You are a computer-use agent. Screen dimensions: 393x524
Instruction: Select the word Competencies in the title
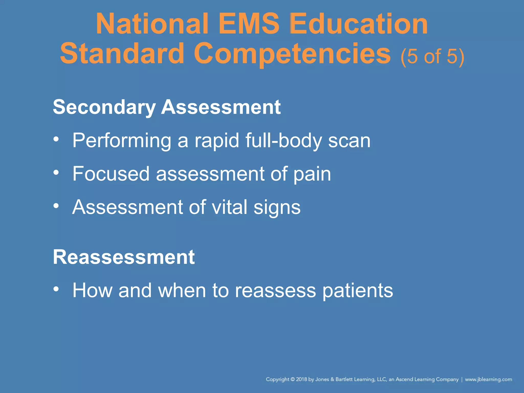tap(292, 54)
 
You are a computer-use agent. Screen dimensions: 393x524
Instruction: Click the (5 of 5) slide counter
tap(432, 56)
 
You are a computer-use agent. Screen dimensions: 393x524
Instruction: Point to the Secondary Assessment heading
tap(167, 107)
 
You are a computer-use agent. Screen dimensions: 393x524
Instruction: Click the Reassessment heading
tap(124, 257)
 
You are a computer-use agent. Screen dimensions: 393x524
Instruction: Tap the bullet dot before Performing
tap(56, 140)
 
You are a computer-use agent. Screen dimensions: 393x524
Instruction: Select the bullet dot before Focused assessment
tap(56, 173)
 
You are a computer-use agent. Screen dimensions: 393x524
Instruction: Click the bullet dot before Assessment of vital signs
tap(56, 206)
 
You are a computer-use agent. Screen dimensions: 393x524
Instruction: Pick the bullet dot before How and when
tap(56, 289)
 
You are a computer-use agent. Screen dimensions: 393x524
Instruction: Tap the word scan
tap(349, 140)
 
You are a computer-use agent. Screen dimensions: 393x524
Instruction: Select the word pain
tap(312, 174)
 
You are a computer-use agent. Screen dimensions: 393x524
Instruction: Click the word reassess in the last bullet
tap(275, 290)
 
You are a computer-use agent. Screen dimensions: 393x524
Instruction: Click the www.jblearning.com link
tap(488, 379)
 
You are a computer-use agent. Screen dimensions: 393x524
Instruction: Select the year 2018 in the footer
tap(302, 379)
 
